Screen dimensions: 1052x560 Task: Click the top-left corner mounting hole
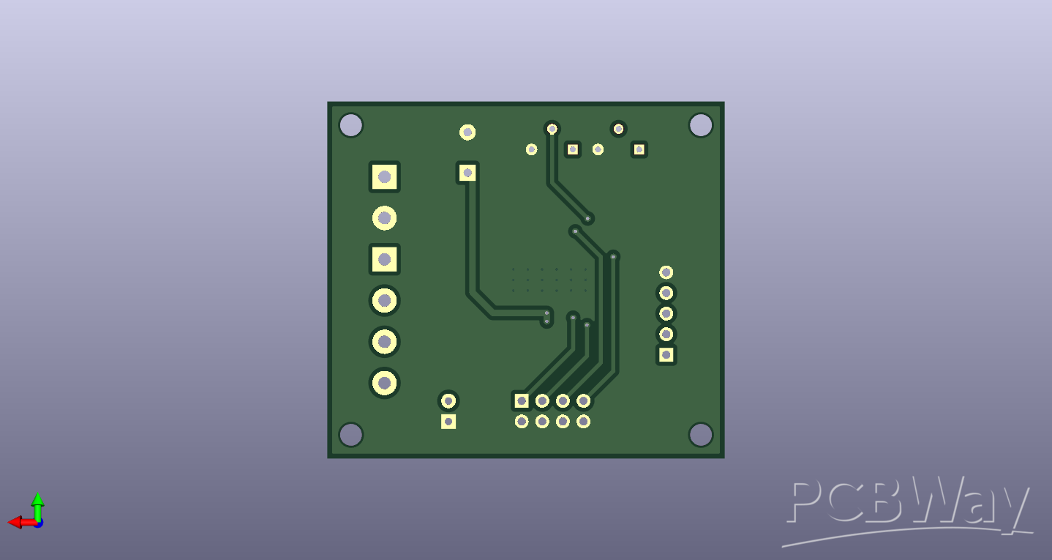pyautogui.click(x=351, y=125)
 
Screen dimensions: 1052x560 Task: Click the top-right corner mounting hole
pyautogui.click(x=701, y=125)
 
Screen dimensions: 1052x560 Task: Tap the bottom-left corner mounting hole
pyautogui.click(x=351, y=434)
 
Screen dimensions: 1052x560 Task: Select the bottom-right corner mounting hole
pyautogui.click(x=701, y=434)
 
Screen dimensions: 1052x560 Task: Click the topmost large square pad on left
pyautogui.click(x=385, y=177)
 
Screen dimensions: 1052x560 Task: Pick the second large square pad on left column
pyautogui.click(x=385, y=259)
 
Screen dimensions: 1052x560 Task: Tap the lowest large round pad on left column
pyautogui.click(x=385, y=383)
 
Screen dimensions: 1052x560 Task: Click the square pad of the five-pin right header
pyautogui.click(x=666, y=355)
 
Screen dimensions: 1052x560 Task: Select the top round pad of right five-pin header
pyautogui.click(x=666, y=272)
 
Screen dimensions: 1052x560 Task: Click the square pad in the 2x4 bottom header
pyautogui.click(x=522, y=401)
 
